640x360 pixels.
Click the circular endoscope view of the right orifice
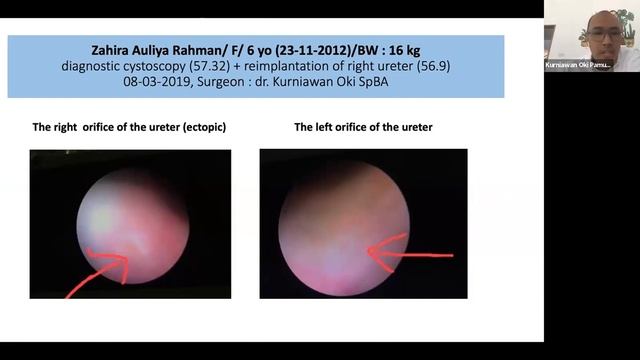point(131,225)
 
